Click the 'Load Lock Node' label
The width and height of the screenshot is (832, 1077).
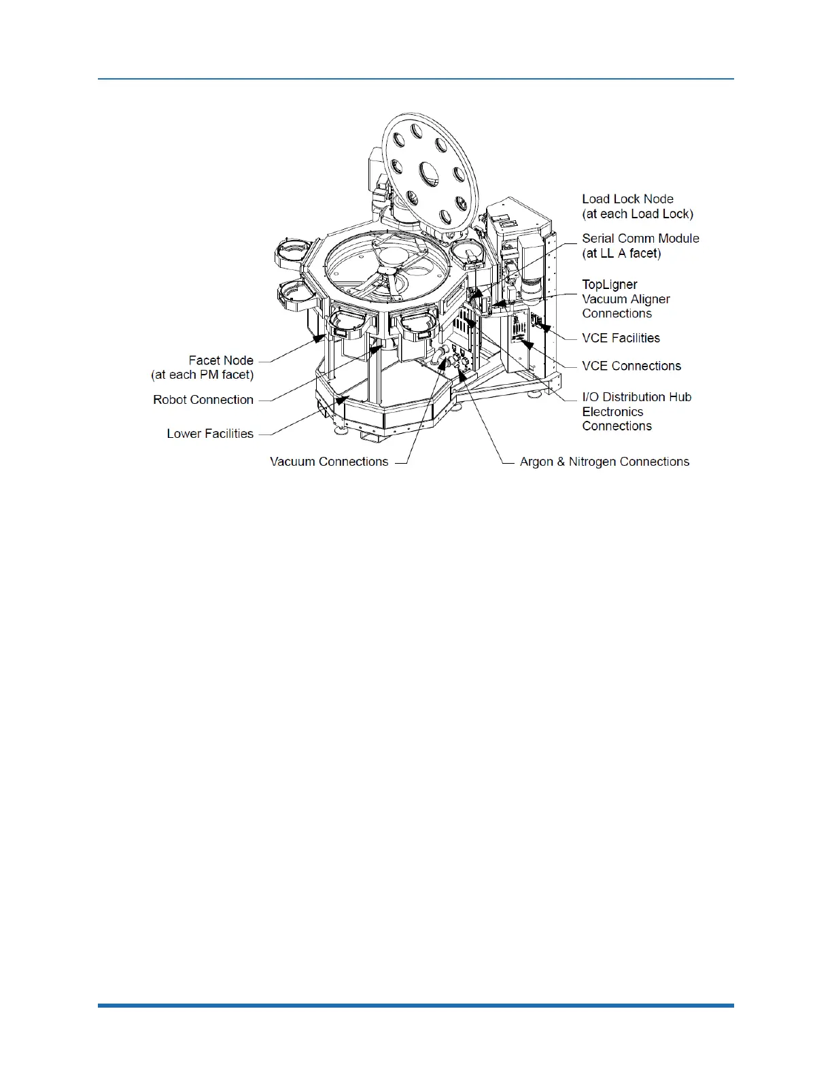pos(627,199)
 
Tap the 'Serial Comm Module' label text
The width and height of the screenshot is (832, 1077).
pos(640,239)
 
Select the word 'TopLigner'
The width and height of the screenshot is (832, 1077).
pos(610,284)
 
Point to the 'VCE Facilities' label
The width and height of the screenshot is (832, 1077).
pos(621,338)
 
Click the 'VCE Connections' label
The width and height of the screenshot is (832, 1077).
pos(631,366)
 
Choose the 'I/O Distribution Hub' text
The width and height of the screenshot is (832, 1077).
pos(636,397)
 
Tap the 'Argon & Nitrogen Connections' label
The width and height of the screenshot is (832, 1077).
pos(604,462)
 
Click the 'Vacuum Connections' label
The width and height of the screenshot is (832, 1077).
pos(329,462)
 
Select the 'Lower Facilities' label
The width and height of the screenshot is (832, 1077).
pos(210,434)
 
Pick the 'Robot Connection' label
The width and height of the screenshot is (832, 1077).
pos(203,400)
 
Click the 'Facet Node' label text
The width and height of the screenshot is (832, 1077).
pos(221,360)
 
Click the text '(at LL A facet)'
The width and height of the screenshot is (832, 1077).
pos(621,253)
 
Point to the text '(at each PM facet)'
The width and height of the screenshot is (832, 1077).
pos(203,375)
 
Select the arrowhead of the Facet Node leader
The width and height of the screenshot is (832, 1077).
pos(316,338)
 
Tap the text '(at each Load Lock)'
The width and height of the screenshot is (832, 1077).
pos(638,213)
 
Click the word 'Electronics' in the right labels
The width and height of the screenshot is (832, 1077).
pos(612,412)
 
